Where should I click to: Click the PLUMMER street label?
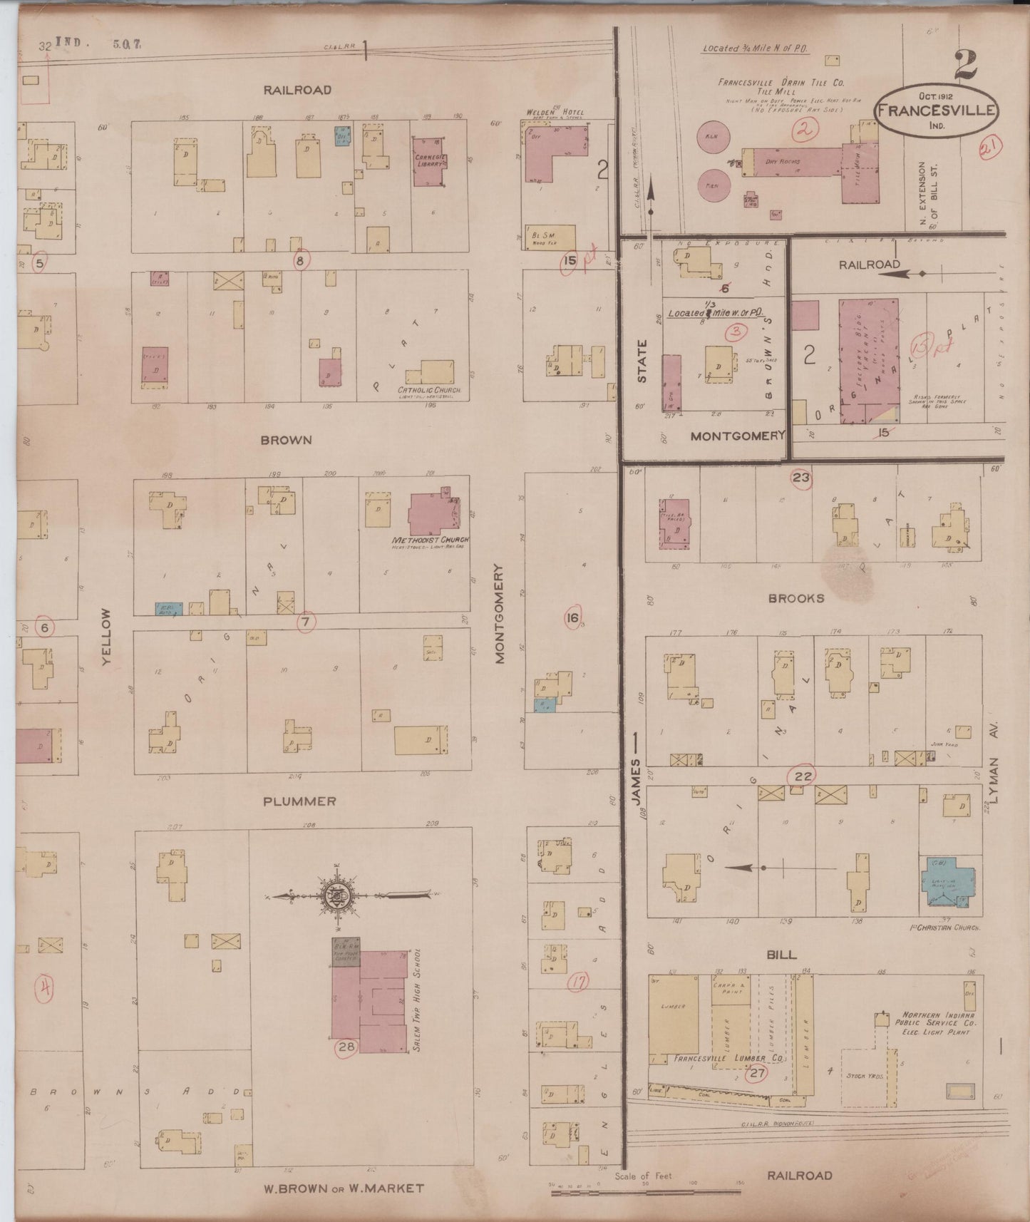[299, 801]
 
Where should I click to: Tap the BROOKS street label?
[796, 598]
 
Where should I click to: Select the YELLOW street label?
[107, 637]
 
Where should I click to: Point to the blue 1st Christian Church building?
[949, 881]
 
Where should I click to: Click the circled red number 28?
[346, 1047]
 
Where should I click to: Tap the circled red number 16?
[572, 618]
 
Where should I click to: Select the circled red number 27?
[757, 1074]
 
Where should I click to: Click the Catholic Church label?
[430, 391]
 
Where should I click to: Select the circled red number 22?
[803, 776]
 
